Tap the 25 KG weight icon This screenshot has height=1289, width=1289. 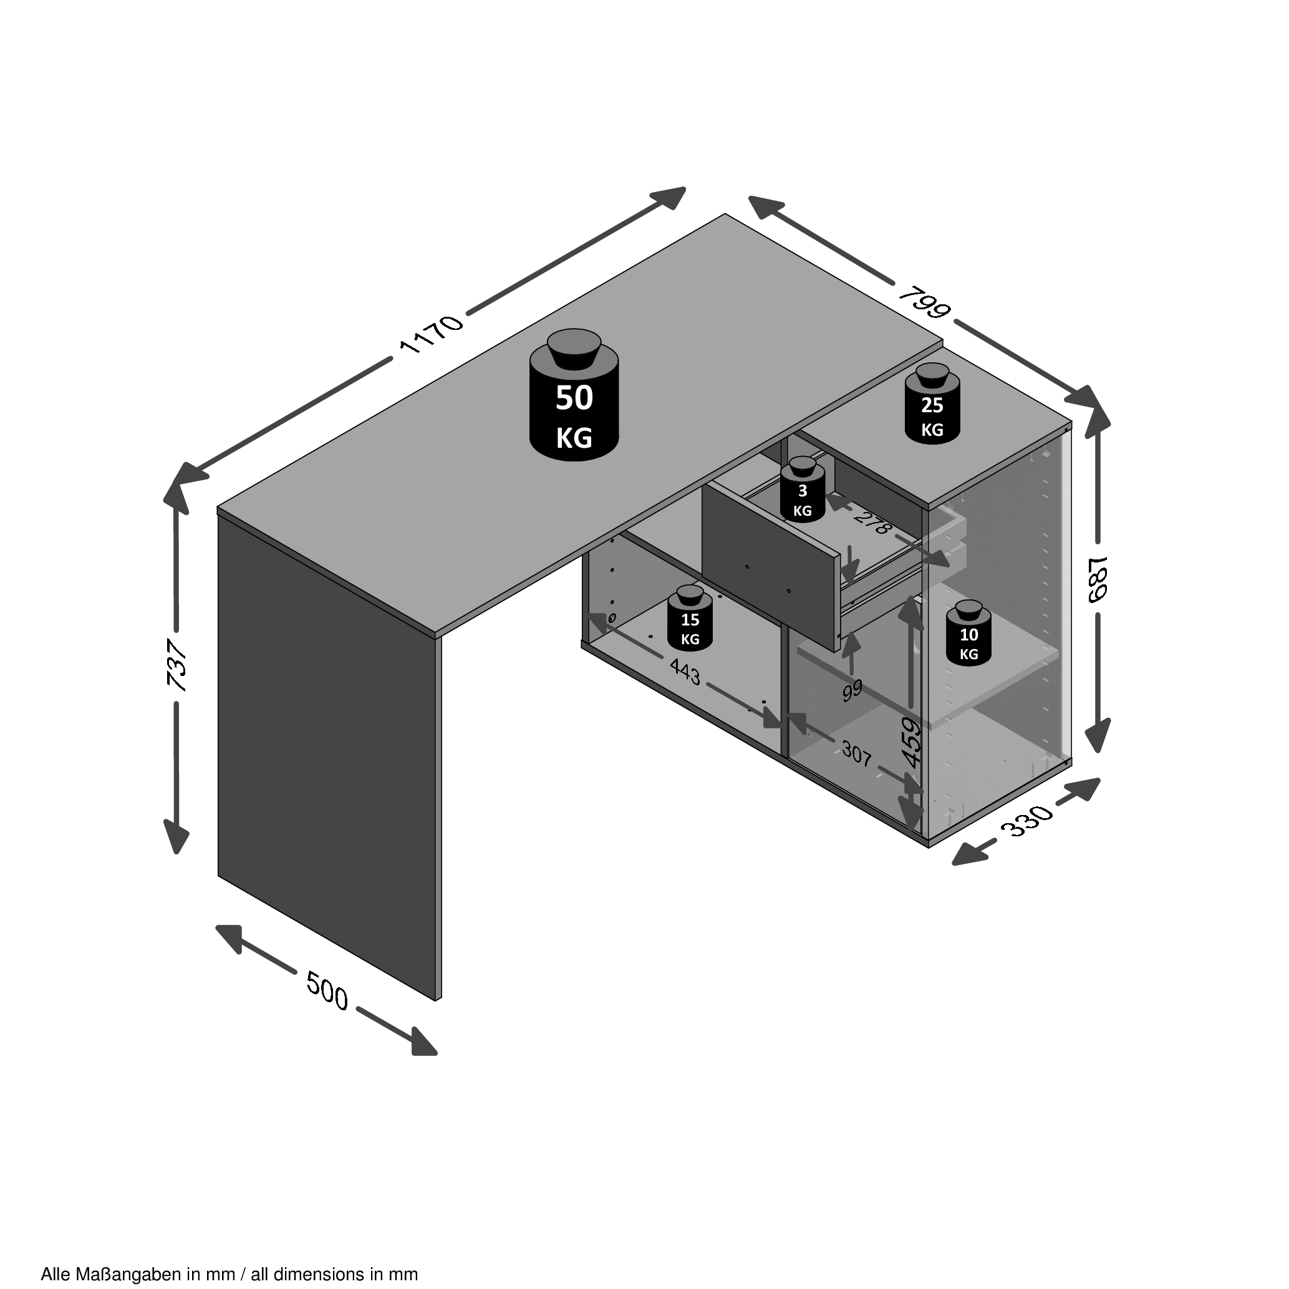[932, 403]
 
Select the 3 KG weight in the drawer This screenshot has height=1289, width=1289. [803, 490]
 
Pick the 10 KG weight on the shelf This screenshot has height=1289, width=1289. [968, 632]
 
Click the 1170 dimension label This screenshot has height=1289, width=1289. [431, 333]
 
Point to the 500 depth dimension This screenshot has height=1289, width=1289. [327, 991]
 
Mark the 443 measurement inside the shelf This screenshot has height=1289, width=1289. [685, 672]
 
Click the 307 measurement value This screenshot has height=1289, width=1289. [857, 754]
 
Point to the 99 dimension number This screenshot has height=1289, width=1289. [852, 690]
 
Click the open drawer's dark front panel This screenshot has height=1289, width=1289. [770, 566]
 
